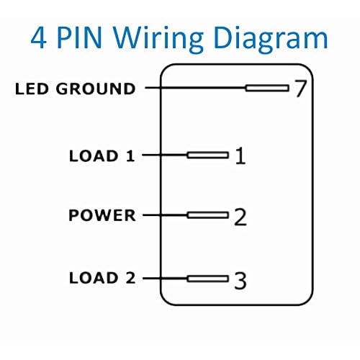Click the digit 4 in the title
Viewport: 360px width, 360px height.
pyautogui.click(x=38, y=38)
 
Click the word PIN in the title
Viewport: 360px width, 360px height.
pyautogui.click(x=80, y=38)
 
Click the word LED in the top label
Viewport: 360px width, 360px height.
pyautogui.click(x=32, y=89)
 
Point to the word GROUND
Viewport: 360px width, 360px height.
pyautogui.click(x=96, y=89)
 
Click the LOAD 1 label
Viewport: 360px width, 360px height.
pyautogui.click(x=102, y=156)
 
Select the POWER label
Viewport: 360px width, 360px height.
pyautogui.click(x=102, y=215)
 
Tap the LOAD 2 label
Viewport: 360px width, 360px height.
pyautogui.click(x=102, y=278)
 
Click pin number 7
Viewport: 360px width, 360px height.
pyautogui.click(x=300, y=89)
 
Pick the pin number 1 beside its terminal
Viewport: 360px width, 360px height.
pyautogui.click(x=240, y=156)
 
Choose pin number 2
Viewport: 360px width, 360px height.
pyautogui.click(x=240, y=217)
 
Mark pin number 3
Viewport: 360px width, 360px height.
pyautogui.click(x=240, y=280)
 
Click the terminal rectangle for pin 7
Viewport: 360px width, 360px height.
pyautogui.click(x=267, y=88)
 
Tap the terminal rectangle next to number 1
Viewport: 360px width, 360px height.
pyautogui.click(x=208, y=155)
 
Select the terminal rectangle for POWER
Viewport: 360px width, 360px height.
pyautogui.click(x=208, y=215)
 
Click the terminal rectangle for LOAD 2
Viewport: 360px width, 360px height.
pyautogui.click(x=208, y=279)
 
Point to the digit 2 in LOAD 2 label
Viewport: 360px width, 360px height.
pyautogui.click(x=130, y=278)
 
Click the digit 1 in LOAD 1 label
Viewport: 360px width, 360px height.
pyautogui.click(x=130, y=156)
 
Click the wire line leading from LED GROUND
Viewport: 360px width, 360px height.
pyautogui.click(x=195, y=88)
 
